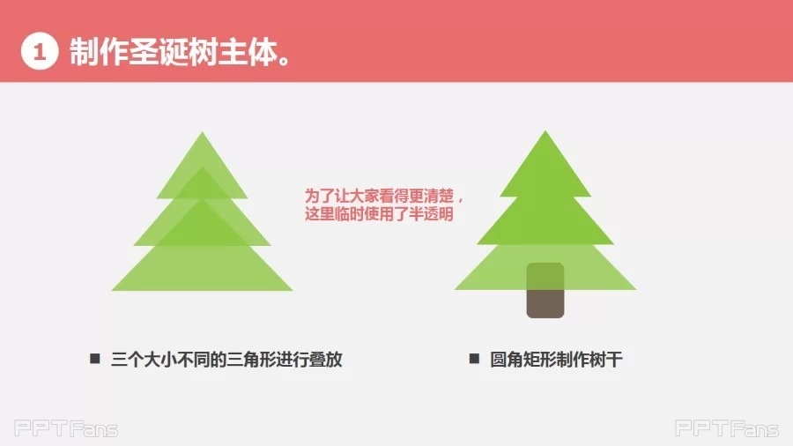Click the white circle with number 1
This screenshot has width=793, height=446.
(40, 51)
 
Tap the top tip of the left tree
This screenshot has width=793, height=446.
(203, 132)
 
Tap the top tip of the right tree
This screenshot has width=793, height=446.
(545, 131)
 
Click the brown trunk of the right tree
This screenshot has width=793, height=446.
(545, 290)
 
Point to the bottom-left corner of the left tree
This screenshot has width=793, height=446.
(112, 290)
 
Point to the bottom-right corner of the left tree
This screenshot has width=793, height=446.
(293, 290)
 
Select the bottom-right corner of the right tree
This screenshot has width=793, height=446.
(635, 289)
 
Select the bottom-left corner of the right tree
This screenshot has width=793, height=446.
(456, 289)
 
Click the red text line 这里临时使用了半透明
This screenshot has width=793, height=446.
(379, 214)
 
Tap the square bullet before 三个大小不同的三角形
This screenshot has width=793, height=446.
(95, 359)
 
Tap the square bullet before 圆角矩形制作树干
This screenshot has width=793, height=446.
(474, 359)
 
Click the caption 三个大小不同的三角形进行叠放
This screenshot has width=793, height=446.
(226, 360)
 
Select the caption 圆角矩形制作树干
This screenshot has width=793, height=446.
(556, 360)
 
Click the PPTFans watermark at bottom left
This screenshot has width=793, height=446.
(66, 428)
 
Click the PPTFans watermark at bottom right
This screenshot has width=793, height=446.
(727, 428)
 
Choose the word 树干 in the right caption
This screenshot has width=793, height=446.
(606, 360)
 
